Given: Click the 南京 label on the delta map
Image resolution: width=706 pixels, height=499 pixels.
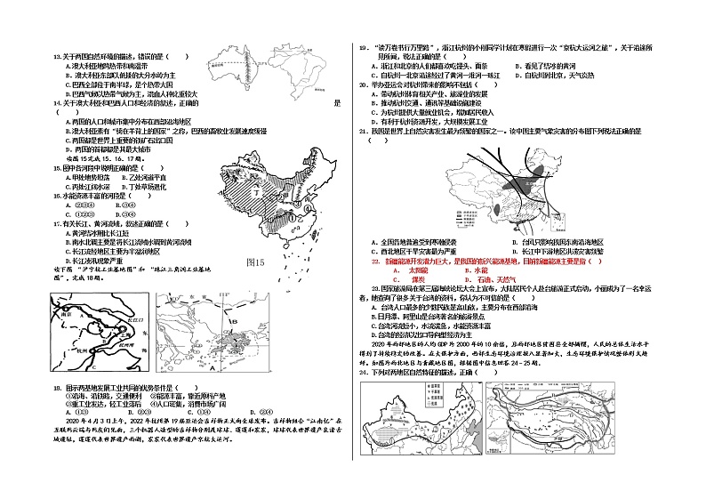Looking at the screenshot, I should (x=68, y=313).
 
